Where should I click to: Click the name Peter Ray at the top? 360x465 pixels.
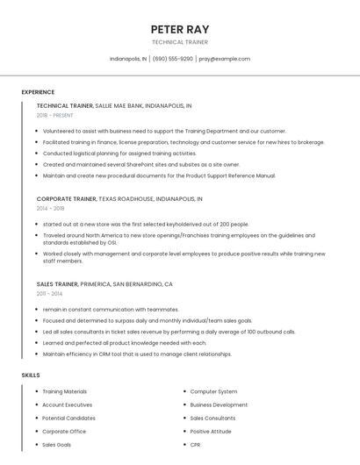click(180, 30)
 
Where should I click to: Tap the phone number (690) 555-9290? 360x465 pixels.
click(173, 59)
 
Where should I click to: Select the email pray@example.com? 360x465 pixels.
click(225, 59)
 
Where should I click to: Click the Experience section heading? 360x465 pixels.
click(38, 92)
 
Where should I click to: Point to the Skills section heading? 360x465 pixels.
click(31, 375)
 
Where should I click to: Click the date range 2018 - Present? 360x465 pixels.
click(55, 115)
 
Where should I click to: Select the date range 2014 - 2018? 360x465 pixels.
click(50, 209)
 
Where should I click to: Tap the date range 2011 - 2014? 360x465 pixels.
click(49, 294)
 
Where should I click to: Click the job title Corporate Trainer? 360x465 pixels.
click(66, 199)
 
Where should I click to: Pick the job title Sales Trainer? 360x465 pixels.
click(57, 284)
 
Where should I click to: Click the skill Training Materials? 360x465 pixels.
click(65, 391)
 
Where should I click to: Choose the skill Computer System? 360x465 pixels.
click(213, 391)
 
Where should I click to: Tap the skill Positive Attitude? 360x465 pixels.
click(211, 432)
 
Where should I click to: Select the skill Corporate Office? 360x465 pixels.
click(64, 432)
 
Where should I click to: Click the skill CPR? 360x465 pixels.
click(196, 445)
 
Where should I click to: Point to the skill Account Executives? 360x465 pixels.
click(67, 404)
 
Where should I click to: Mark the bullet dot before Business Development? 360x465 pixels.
click(184, 405)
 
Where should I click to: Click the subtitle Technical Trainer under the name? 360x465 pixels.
click(180, 42)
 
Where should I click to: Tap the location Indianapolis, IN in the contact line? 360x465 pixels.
click(128, 59)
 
